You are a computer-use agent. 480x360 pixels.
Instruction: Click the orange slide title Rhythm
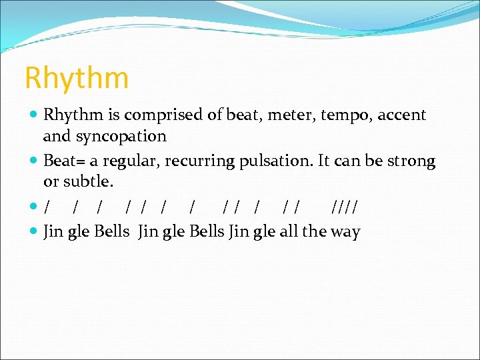(76, 78)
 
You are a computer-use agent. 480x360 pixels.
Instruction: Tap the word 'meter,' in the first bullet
(293, 115)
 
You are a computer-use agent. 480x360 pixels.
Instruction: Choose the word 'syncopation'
(123, 137)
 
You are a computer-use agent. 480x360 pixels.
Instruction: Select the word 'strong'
(411, 162)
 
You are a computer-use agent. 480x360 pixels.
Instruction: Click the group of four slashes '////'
(343, 207)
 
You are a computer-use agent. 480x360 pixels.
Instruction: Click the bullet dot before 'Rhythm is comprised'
(35, 115)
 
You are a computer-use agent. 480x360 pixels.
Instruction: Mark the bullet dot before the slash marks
(35, 207)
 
